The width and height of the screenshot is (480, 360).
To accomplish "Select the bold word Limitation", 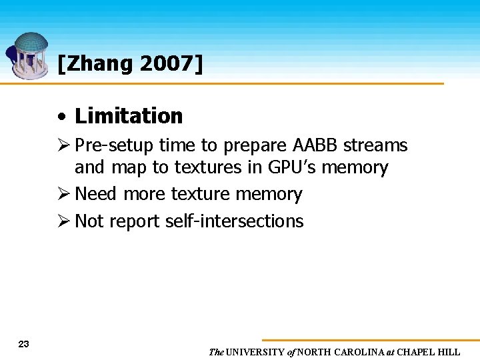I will [129, 116].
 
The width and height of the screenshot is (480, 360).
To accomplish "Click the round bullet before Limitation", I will [62, 117].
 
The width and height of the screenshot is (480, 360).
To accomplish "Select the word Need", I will [96, 194].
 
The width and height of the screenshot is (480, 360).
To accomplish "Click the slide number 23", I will [24, 344].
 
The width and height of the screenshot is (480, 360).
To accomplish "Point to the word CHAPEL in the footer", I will [418, 352].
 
